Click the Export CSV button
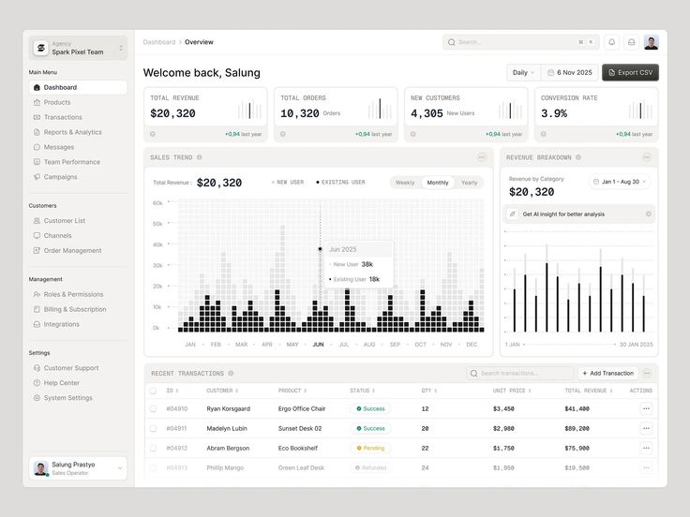(630, 72)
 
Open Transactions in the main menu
(63, 117)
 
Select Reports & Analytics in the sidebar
(72, 132)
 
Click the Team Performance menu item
(71, 162)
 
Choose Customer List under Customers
(64, 221)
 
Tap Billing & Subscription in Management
(74, 309)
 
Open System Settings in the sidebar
(67, 398)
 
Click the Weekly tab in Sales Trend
(405, 183)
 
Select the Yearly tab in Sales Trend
(469, 183)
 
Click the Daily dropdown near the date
(523, 72)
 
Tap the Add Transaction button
(607, 373)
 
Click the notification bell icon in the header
(611, 42)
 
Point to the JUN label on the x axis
(318, 345)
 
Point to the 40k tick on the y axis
(157, 244)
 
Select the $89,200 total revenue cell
(577, 428)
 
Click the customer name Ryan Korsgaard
(228, 408)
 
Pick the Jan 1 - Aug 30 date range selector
(620, 182)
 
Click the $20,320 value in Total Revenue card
(172, 113)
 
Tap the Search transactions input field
(520, 373)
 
